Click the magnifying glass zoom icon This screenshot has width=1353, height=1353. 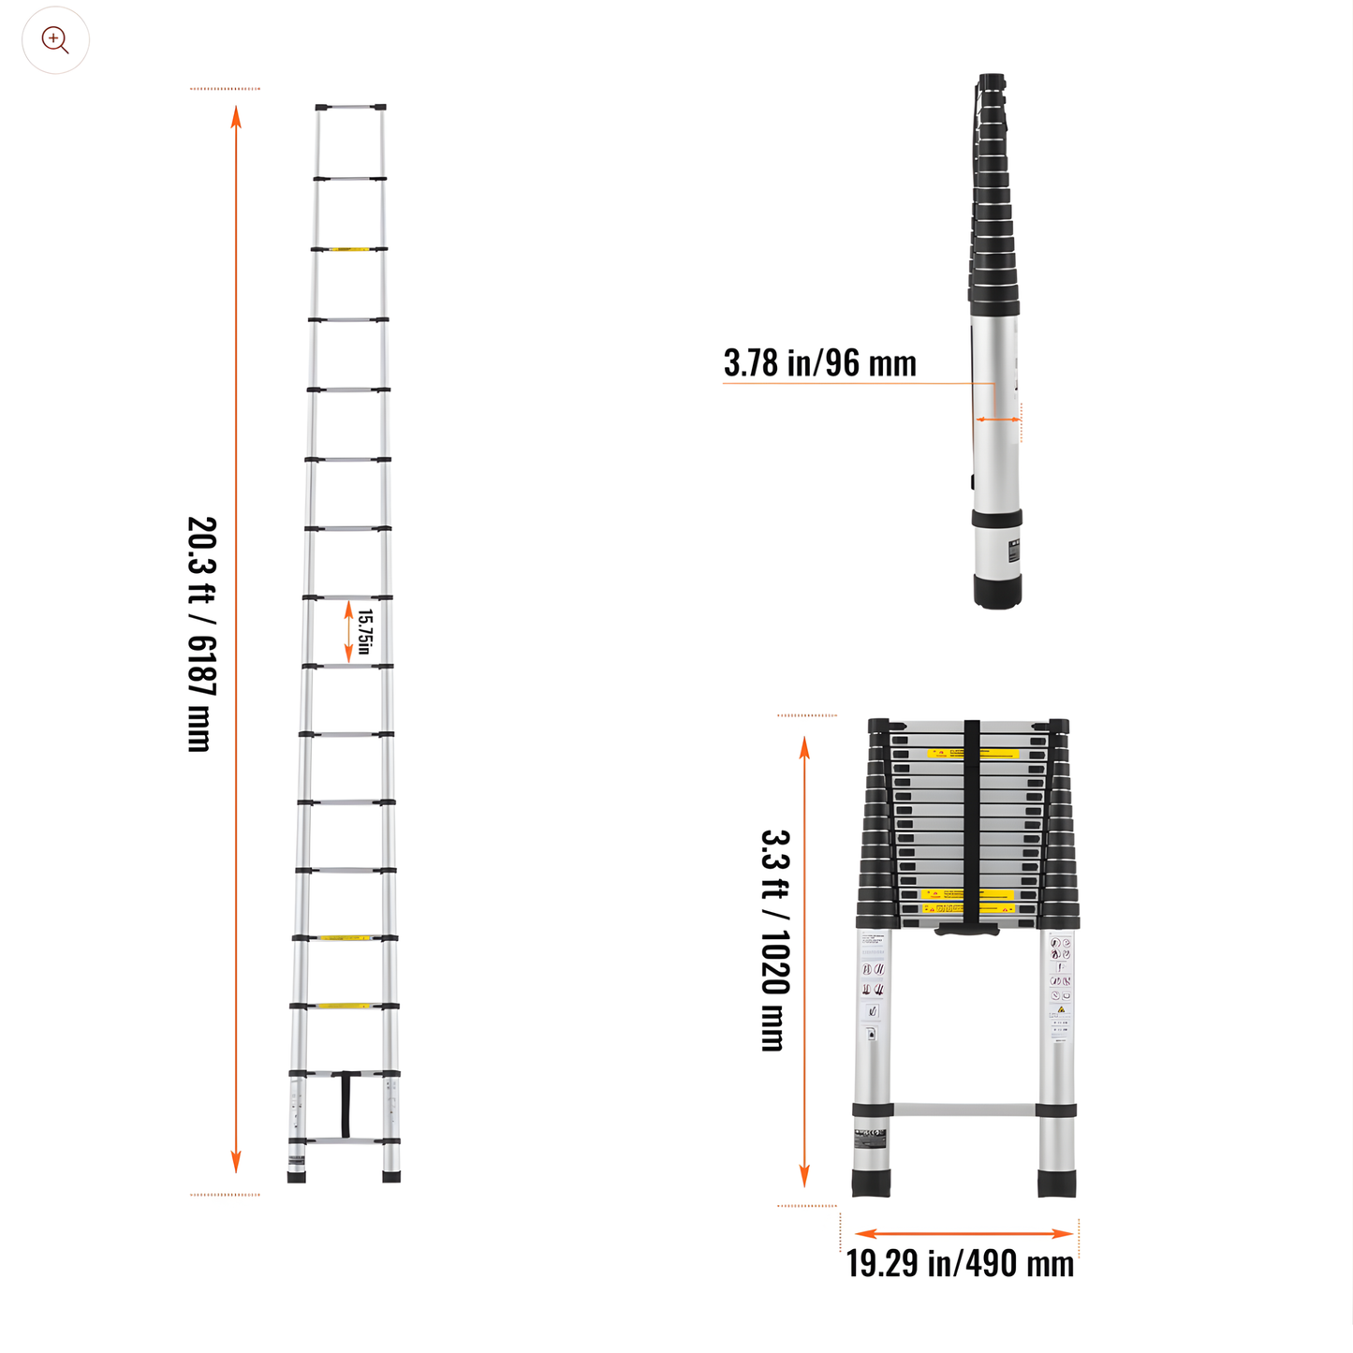coord(55,40)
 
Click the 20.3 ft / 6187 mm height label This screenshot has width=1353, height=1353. coord(201,634)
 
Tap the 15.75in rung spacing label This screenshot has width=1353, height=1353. coord(365,632)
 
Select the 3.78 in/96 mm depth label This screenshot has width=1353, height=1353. coord(819,363)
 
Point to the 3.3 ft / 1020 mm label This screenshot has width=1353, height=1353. coord(775,940)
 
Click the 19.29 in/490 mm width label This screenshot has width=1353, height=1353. coord(960,1263)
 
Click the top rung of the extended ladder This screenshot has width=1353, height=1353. coord(350,107)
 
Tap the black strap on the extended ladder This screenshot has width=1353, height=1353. coord(346,1105)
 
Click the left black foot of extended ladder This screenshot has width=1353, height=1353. coord(297,1177)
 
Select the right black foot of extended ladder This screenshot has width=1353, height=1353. coord(391,1177)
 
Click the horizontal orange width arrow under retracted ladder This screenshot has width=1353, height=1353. coord(963,1233)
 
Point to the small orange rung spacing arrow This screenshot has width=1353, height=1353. coord(349,632)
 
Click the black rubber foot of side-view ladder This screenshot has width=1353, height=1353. coord(997,593)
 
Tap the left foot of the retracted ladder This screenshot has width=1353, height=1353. coord(871,1184)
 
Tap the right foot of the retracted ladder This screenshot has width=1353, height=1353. coord(1057,1184)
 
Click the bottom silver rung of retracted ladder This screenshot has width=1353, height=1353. coord(963,1110)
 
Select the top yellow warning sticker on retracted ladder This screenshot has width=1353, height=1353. coord(972,753)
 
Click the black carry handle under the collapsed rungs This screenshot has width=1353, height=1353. coord(967,930)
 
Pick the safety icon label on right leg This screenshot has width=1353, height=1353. coord(1060,983)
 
